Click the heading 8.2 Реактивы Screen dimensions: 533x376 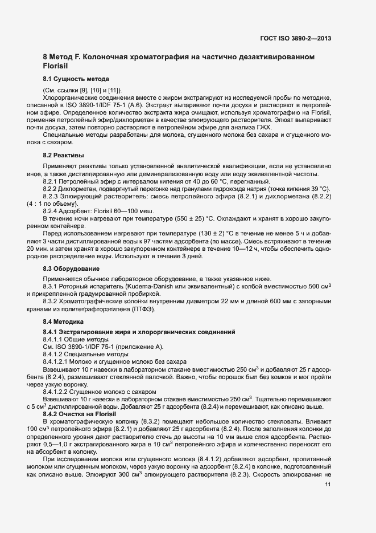[x=64, y=155]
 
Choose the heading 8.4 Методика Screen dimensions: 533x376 [x=64, y=322]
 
